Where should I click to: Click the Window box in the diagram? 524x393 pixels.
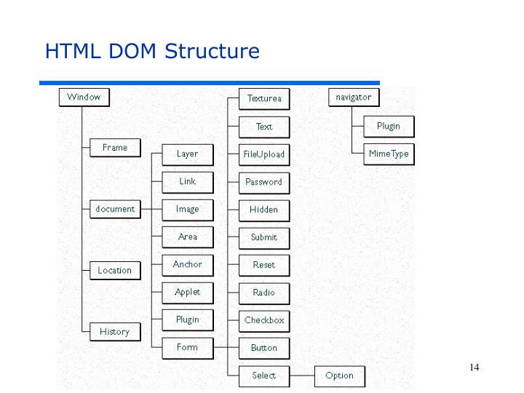[x=84, y=98]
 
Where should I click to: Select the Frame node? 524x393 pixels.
[x=114, y=148]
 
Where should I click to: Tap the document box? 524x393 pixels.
[x=115, y=209]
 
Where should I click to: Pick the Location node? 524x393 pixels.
[x=115, y=270]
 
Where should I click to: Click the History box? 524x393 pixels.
[x=114, y=332]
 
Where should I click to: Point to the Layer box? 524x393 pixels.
[x=187, y=154]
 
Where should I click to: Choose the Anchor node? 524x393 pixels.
[x=187, y=265]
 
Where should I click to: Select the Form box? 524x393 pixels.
[x=187, y=347]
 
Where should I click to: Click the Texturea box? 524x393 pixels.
[x=264, y=99]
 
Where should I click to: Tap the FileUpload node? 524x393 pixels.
[x=264, y=154]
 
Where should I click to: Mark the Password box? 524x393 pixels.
[x=263, y=182]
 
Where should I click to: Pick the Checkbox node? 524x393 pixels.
[x=264, y=320]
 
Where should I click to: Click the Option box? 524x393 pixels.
[x=340, y=376]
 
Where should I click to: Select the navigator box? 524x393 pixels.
[x=354, y=98]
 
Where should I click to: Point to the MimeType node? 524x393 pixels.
[x=389, y=154]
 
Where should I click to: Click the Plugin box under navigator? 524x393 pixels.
[x=389, y=127]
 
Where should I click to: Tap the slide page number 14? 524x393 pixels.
[x=475, y=367]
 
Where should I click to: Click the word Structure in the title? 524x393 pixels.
[x=212, y=52]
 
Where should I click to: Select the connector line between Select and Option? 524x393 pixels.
[x=301, y=376]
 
